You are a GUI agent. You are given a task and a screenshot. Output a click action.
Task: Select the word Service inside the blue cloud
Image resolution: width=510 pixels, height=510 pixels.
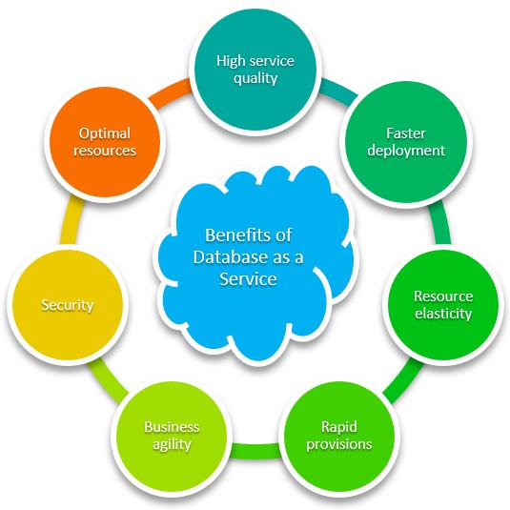point(248,278)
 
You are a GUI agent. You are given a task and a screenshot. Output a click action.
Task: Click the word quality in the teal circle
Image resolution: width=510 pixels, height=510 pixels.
point(255,79)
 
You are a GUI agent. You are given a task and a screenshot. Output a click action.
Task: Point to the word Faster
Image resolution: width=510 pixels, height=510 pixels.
point(406,133)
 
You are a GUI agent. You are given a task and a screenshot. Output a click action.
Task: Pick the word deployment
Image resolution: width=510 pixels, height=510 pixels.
point(406,151)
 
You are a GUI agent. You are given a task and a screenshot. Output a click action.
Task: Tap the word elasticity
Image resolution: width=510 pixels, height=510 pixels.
point(443,314)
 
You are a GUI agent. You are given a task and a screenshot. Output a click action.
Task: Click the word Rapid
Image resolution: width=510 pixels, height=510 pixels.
point(339,427)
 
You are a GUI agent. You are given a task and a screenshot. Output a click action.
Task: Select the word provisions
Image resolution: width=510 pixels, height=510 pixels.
point(339,444)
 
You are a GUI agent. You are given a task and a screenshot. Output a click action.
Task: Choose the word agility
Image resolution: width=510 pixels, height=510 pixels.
point(172,445)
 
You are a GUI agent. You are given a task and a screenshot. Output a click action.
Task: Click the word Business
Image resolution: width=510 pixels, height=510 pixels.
point(172,427)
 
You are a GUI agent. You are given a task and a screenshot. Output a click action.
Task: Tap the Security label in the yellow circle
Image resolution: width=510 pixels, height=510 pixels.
point(68,305)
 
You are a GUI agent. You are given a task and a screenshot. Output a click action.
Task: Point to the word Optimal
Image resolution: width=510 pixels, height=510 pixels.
point(105,133)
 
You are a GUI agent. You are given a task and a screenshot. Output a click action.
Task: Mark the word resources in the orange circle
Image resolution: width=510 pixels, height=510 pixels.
point(105,151)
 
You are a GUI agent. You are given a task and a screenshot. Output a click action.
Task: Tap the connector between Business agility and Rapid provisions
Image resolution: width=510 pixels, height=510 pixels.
point(255,451)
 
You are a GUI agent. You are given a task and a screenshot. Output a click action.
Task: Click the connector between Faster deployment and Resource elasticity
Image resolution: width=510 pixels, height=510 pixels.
point(439,223)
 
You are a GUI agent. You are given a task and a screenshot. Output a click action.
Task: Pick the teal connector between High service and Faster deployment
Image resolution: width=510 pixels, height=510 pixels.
point(338,89)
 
